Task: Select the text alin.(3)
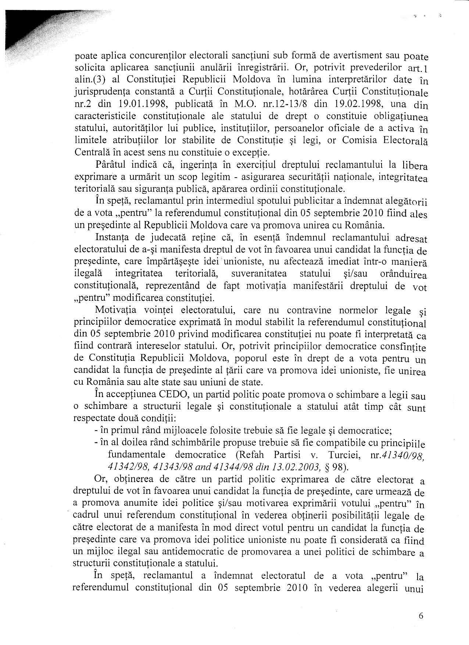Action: (89, 80)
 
